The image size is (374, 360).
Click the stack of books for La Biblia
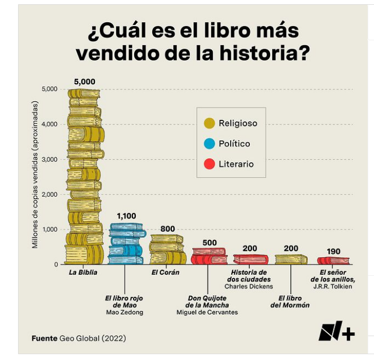85,175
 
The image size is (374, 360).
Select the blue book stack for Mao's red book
126,244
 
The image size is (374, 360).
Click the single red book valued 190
333,260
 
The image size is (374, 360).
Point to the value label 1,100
126,216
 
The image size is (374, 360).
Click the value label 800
168,229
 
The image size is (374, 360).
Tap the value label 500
210,243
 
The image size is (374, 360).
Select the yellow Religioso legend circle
209,124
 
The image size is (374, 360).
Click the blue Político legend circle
209,144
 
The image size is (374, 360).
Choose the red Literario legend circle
209,164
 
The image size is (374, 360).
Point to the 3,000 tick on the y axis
50,159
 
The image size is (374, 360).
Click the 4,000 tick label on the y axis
50,124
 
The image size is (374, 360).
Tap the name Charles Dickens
249,286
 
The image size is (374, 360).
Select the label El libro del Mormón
290,302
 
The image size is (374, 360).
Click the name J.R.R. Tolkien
333,286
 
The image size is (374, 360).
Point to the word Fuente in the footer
44,338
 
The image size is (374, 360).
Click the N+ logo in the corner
336,332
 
